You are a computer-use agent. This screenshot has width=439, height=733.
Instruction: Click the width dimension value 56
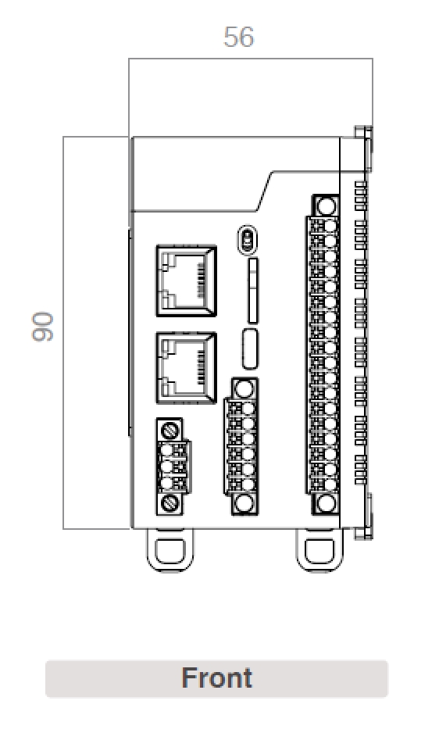[238, 38]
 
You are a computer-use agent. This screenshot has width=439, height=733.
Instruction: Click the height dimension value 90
[44, 326]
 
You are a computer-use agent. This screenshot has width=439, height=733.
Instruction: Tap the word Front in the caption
[216, 678]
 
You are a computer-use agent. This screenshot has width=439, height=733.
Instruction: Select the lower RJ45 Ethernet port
[187, 368]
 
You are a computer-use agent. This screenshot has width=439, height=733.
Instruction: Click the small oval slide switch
[248, 240]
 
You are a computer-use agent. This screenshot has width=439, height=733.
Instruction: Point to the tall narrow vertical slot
[252, 291]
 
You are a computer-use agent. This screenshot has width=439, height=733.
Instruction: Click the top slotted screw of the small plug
[170, 429]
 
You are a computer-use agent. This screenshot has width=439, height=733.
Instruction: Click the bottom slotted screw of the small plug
[170, 503]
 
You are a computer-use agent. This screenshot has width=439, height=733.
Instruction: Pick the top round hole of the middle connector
[244, 389]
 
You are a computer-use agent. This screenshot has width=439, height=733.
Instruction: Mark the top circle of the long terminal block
[327, 207]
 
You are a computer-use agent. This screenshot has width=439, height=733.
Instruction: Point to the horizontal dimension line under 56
[250, 59]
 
